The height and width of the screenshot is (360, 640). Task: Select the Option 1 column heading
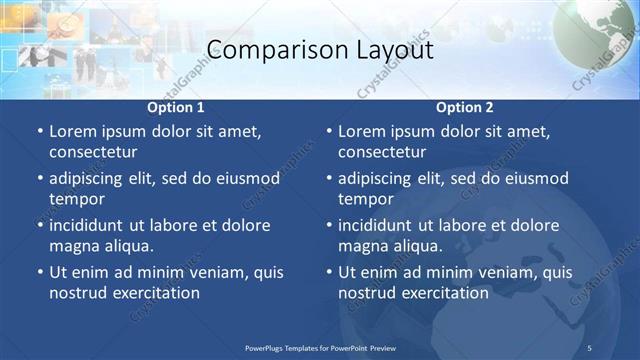click(176, 107)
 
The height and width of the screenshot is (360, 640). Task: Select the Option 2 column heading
click(465, 107)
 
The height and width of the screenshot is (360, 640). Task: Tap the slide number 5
click(590, 347)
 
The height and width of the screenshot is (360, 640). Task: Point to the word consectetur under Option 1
click(93, 152)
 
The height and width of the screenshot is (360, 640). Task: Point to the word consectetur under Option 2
click(382, 152)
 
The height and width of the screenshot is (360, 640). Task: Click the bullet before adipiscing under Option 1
click(39, 179)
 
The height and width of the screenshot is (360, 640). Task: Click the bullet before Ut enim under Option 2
click(328, 272)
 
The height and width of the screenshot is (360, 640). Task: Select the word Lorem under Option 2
click(361, 132)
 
